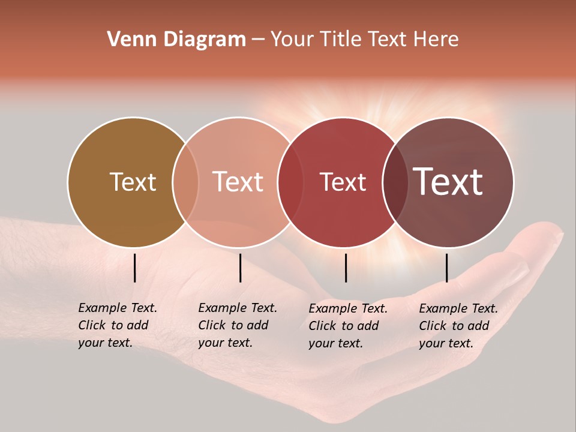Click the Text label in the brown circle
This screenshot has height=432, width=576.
pos(133,182)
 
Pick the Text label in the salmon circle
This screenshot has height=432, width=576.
pos(238,182)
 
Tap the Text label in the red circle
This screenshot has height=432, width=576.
pos(343,182)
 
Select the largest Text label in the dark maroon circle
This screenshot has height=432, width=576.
pos(448,182)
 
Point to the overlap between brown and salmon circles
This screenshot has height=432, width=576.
pos(185,182)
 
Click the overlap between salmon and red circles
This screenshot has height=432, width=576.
pos(290,182)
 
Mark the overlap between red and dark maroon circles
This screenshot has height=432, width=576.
pos(395,182)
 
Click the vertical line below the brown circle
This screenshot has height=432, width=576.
pos(135,268)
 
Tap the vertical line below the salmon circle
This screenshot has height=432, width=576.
pos(240,268)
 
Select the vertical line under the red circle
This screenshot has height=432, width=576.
pos(346,268)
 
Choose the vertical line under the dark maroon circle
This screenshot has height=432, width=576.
pos(447,268)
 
